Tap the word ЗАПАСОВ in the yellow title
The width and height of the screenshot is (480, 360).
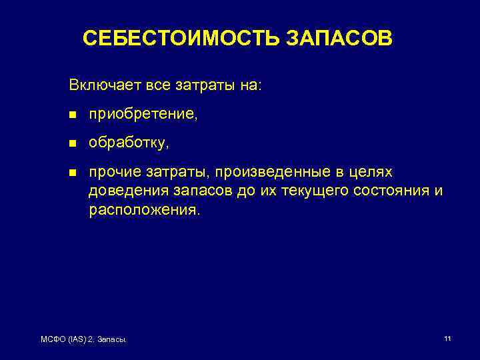click(x=340, y=38)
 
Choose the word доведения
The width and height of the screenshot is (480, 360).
click(x=121, y=191)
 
